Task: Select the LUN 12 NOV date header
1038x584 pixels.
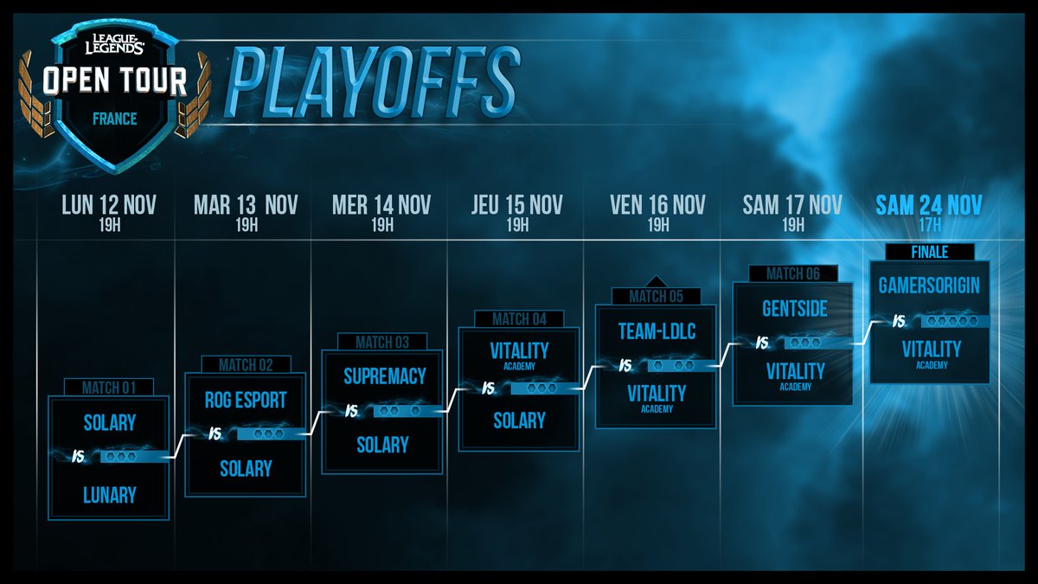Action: [109, 205]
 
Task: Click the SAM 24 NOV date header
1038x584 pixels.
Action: [929, 205]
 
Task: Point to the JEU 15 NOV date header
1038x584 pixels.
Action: [517, 205]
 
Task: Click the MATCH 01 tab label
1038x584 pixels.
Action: [109, 388]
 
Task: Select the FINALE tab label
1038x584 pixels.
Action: [929, 252]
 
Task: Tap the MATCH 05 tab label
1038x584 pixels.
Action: [656, 297]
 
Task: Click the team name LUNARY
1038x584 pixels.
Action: [109, 495]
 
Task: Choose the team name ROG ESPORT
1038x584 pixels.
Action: [246, 401]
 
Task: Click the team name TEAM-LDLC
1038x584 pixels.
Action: [657, 331]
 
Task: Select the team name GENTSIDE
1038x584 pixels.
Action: [794, 309]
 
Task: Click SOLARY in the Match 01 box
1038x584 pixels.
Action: [109, 422]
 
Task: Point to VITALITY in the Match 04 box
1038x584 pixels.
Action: [519, 350]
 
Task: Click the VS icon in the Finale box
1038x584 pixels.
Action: [899, 322]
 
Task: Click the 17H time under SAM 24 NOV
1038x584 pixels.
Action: [929, 226]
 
